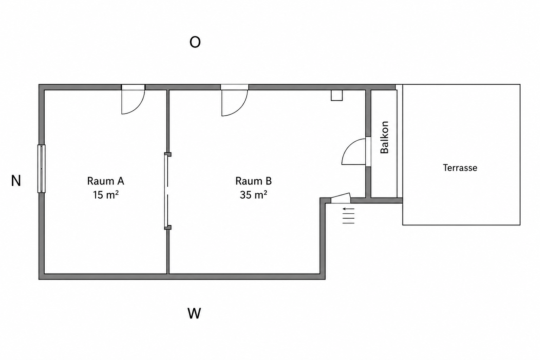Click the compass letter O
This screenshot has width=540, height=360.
(195, 42)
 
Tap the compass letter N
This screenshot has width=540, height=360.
(16, 181)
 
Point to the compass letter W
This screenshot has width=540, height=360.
(194, 314)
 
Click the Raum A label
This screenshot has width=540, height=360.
(105, 181)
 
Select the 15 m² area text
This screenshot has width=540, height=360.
(106, 194)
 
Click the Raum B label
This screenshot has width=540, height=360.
(253, 181)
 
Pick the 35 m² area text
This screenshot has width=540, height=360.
(253, 194)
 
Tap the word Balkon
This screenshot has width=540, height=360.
(384, 137)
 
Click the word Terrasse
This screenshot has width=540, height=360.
(460, 168)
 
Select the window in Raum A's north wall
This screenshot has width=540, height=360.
(41, 168)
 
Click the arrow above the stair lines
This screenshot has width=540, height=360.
(349, 208)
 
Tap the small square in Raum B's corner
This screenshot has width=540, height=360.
(336, 95)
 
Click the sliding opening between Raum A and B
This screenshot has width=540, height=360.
(166, 191)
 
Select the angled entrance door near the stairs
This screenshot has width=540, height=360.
(341, 198)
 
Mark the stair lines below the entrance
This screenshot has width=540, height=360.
(349, 218)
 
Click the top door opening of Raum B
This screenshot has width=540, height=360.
(234, 87)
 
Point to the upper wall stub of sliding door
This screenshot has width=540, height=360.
(168, 154)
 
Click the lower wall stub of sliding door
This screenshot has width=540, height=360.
(168, 227)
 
